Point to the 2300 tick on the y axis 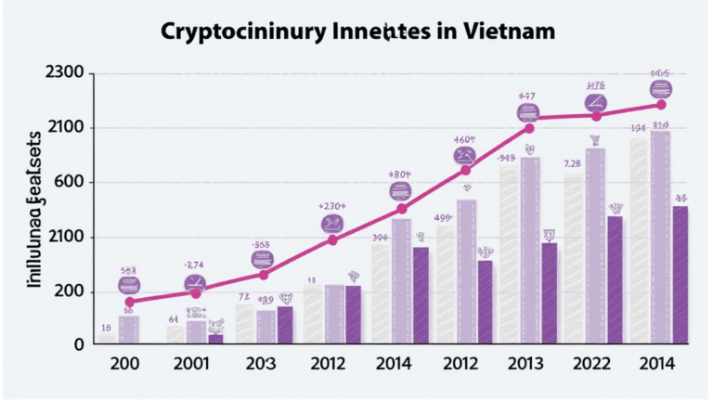click(x=64, y=73)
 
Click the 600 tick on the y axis click(x=71, y=183)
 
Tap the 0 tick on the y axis click(x=80, y=344)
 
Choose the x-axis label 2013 click(x=529, y=364)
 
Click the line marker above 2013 click(x=529, y=128)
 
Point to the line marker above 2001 click(x=196, y=291)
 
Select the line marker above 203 click(x=264, y=274)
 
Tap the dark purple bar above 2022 click(x=615, y=279)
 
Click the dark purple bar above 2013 click(x=549, y=293)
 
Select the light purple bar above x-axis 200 click(x=129, y=330)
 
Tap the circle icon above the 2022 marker click(x=594, y=102)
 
